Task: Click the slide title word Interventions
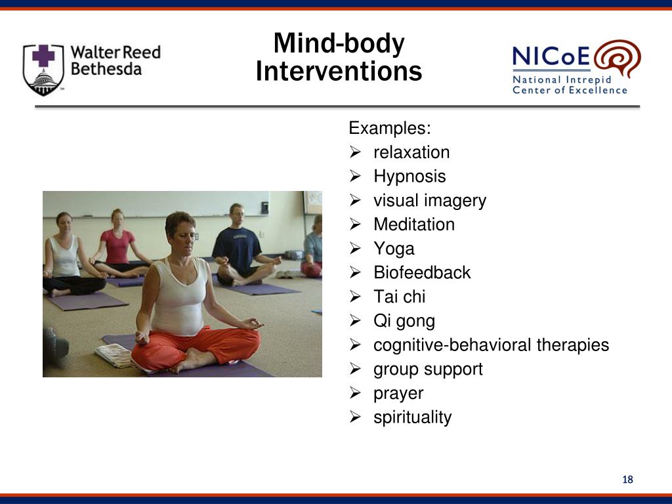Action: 338,71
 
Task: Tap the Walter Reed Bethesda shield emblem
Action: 43,70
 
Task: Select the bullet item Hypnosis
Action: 409,177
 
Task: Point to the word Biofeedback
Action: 422,273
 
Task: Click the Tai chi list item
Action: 399,297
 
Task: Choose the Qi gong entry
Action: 404,321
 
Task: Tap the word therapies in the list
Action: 572,345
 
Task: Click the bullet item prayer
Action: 398,394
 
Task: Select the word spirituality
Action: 412,417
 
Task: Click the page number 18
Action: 627,480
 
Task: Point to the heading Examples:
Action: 390,127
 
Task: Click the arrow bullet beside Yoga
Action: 355,249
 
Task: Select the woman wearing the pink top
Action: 118,245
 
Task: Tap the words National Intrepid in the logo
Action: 562,79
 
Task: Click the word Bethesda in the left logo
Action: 106,69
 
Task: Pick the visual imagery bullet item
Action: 429,201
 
